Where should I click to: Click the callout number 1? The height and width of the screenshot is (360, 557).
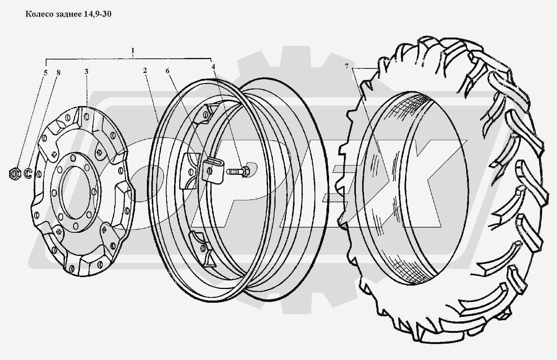coord(133,51)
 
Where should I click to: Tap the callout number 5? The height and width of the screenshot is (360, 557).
coord(45,73)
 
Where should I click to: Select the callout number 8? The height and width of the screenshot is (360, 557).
coord(58,73)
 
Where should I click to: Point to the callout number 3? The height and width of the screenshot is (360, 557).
coord(86,72)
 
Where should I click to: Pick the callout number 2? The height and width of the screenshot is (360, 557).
coord(145,70)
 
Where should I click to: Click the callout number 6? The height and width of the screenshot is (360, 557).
coord(167,71)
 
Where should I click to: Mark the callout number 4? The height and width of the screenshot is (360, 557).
coord(213,67)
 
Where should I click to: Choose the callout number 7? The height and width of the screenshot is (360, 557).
coord(347,67)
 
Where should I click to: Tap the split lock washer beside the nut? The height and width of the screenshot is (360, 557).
coord(28,173)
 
